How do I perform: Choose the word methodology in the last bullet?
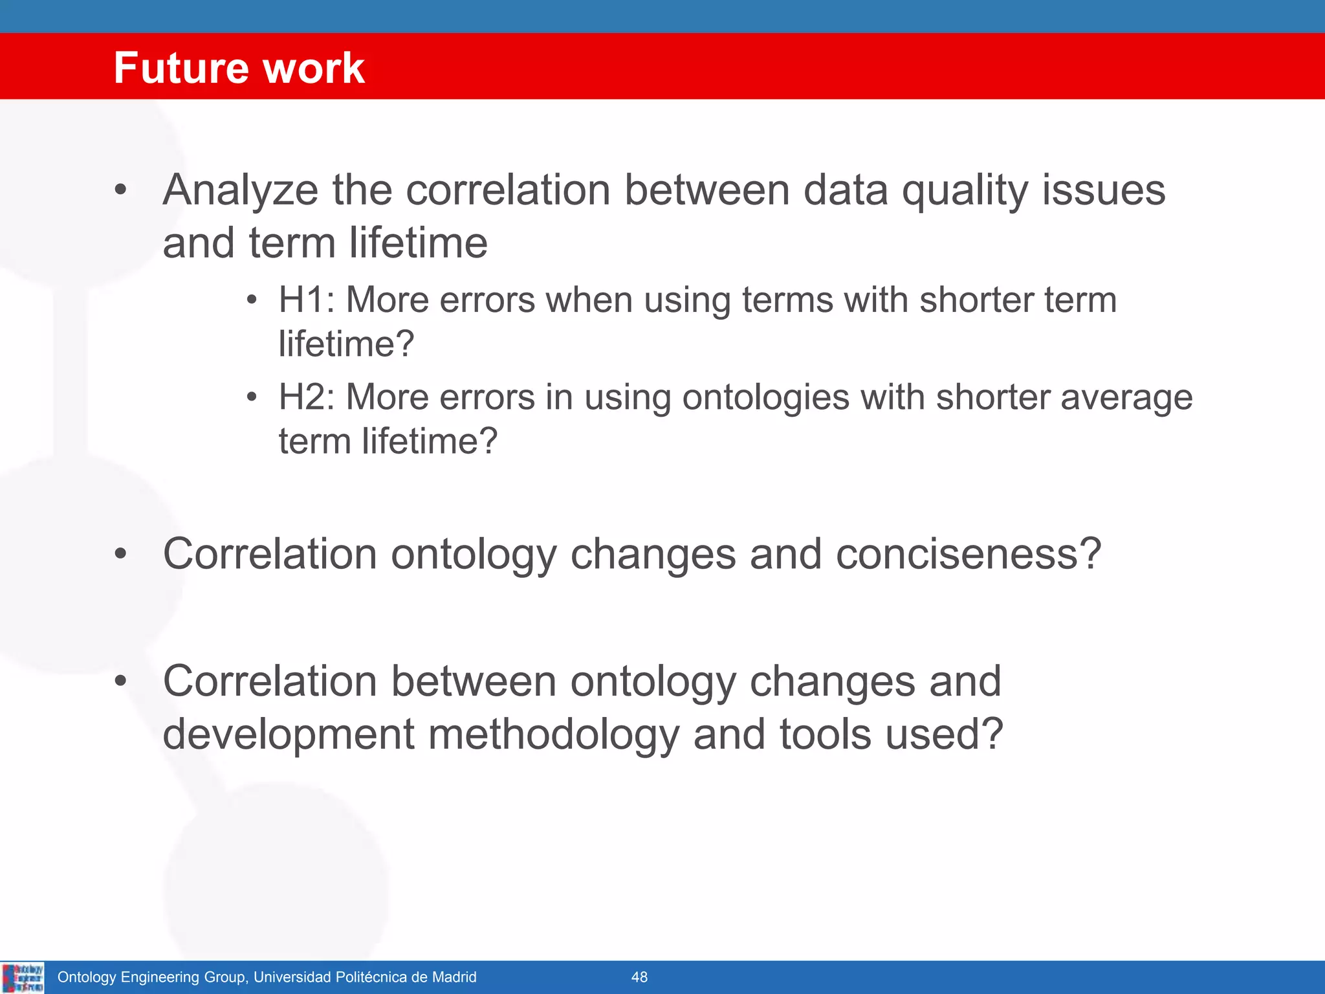coord(553,735)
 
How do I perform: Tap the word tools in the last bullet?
coord(825,734)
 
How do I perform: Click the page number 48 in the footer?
coord(639,977)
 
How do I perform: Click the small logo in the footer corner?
coord(23,977)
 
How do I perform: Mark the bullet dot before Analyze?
coord(120,190)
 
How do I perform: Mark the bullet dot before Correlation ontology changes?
coord(120,554)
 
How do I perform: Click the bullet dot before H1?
coord(252,300)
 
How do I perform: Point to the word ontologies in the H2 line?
coord(765,398)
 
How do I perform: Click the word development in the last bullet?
coord(288,735)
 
